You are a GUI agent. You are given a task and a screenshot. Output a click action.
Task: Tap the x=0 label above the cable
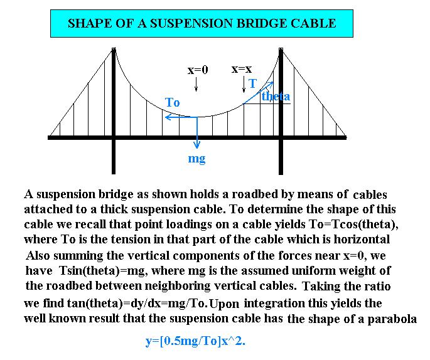(x=197, y=71)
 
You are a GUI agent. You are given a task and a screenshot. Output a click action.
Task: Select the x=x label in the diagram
(x=242, y=70)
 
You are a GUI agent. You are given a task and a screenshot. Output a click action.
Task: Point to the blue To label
(x=172, y=102)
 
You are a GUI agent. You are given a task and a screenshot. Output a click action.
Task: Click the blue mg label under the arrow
(x=196, y=159)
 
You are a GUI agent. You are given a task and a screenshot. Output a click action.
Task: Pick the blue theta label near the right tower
(x=276, y=97)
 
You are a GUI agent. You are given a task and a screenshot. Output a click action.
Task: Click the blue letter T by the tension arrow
(x=252, y=83)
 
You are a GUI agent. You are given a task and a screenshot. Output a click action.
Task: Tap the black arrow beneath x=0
(x=197, y=87)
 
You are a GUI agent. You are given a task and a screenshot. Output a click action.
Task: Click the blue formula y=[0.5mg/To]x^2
(x=200, y=343)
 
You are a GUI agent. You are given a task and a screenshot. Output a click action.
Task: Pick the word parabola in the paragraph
(x=394, y=319)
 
